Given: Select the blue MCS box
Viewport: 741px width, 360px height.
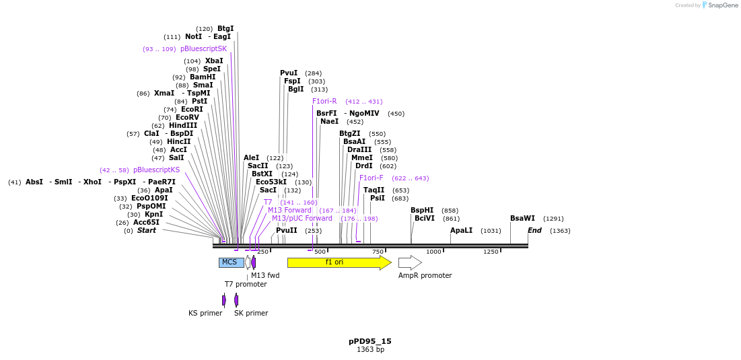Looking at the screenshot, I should pos(231,262).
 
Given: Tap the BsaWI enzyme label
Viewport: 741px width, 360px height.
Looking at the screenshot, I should pos(522,219).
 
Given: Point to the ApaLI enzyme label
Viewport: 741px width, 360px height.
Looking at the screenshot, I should pos(461,231).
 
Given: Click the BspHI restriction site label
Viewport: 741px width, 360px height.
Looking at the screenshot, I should pos(422,211).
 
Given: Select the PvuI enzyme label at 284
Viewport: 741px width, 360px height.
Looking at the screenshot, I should pos(289,73).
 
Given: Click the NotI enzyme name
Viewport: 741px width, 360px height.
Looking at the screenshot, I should pos(193,37).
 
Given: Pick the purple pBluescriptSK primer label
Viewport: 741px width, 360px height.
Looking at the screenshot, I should pos(203,49).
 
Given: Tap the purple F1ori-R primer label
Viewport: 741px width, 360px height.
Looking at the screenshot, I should pos(324,102).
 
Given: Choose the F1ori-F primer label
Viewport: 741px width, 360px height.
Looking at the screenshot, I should pos(372,178).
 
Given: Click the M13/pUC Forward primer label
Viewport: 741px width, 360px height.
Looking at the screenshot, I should pos(302,219).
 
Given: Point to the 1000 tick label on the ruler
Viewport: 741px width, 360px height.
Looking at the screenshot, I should pos(433,252).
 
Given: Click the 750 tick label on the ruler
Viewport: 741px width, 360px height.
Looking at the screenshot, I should pos(378,252).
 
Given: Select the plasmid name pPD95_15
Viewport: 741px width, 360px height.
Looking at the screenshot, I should pos(370,341).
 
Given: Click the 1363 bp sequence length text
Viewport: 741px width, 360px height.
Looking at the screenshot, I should pos(370,350).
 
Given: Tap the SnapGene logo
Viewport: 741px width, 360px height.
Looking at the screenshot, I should pos(720,5).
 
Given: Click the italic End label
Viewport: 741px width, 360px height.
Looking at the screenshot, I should pos(534,231).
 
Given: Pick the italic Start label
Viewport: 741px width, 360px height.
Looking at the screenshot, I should pos(146,231).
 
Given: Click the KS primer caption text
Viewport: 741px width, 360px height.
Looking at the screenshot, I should pos(205,313).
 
